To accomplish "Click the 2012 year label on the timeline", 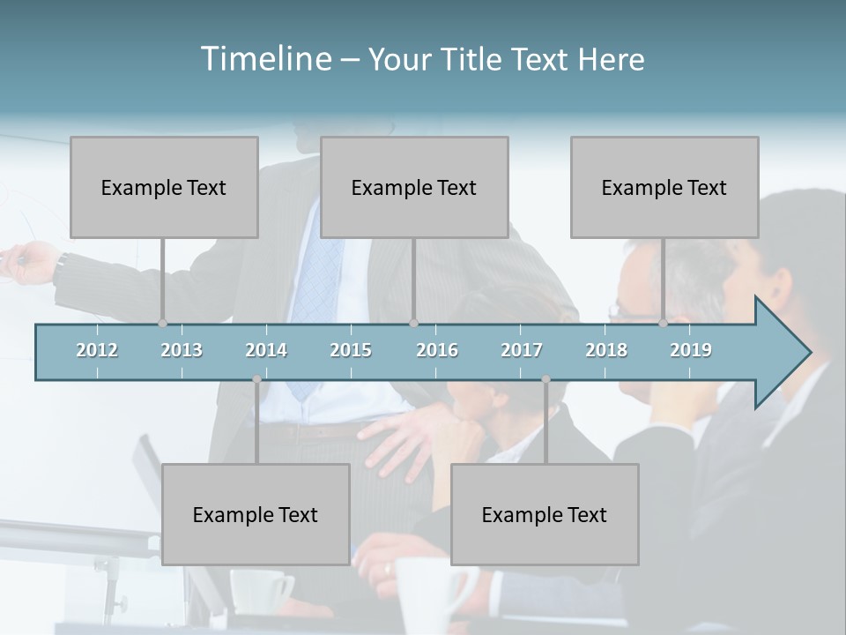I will [97, 350].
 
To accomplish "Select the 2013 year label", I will [182, 350].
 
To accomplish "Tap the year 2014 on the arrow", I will [266, 350].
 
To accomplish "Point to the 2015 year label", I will [351, 350].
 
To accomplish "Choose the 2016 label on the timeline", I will [437, 350].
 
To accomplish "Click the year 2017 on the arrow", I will [522, 350].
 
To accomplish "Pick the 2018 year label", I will [606, 350].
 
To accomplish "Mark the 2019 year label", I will [691, 350].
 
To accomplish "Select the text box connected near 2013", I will [164, 187].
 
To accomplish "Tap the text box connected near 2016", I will [414, 187].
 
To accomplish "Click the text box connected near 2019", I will [664, 187].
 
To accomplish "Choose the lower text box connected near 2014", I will [256, 514].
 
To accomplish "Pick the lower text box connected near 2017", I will [545, 514].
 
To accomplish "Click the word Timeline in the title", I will [264, 58].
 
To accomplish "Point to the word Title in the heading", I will [474, 59].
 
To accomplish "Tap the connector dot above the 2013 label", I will [162, 324].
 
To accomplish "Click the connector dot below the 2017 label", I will [545, 379].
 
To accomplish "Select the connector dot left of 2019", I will [663, 324].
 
